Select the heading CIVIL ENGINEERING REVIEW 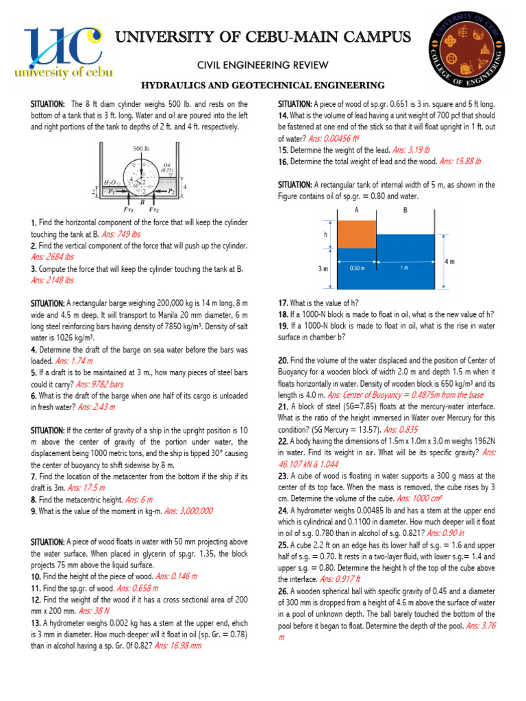(x=263, y=65)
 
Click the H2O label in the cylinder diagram (x=110, y=183)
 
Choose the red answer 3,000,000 (x=189, y=511)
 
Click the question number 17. (x=282, y=303)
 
